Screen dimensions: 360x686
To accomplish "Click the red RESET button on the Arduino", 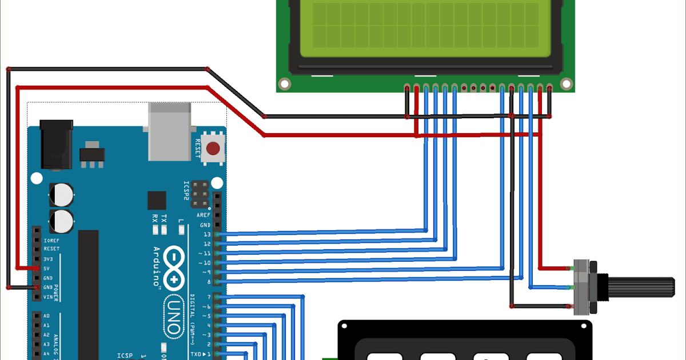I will click(213, 149).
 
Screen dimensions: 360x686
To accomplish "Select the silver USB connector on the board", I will click(169, 131).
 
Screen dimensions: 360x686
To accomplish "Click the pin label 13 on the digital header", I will click(206, 234).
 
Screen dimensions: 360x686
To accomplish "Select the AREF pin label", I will click(203, 215).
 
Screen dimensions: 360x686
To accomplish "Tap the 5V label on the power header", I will click(47, 268).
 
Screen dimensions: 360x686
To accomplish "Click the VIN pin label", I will click(48, 297).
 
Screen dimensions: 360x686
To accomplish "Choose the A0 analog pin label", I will click(47, 316).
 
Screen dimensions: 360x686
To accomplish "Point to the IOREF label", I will click(51, 240).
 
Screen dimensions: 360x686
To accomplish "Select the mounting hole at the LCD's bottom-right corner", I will click(566, 83).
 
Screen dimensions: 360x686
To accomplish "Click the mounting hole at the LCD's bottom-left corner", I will click(285, 83).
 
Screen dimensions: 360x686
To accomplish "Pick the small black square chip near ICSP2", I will click(157, 201).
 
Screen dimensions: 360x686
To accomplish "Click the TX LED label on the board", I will click(164, 218).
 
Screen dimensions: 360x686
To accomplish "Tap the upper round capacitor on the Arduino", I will click(61, 194).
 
